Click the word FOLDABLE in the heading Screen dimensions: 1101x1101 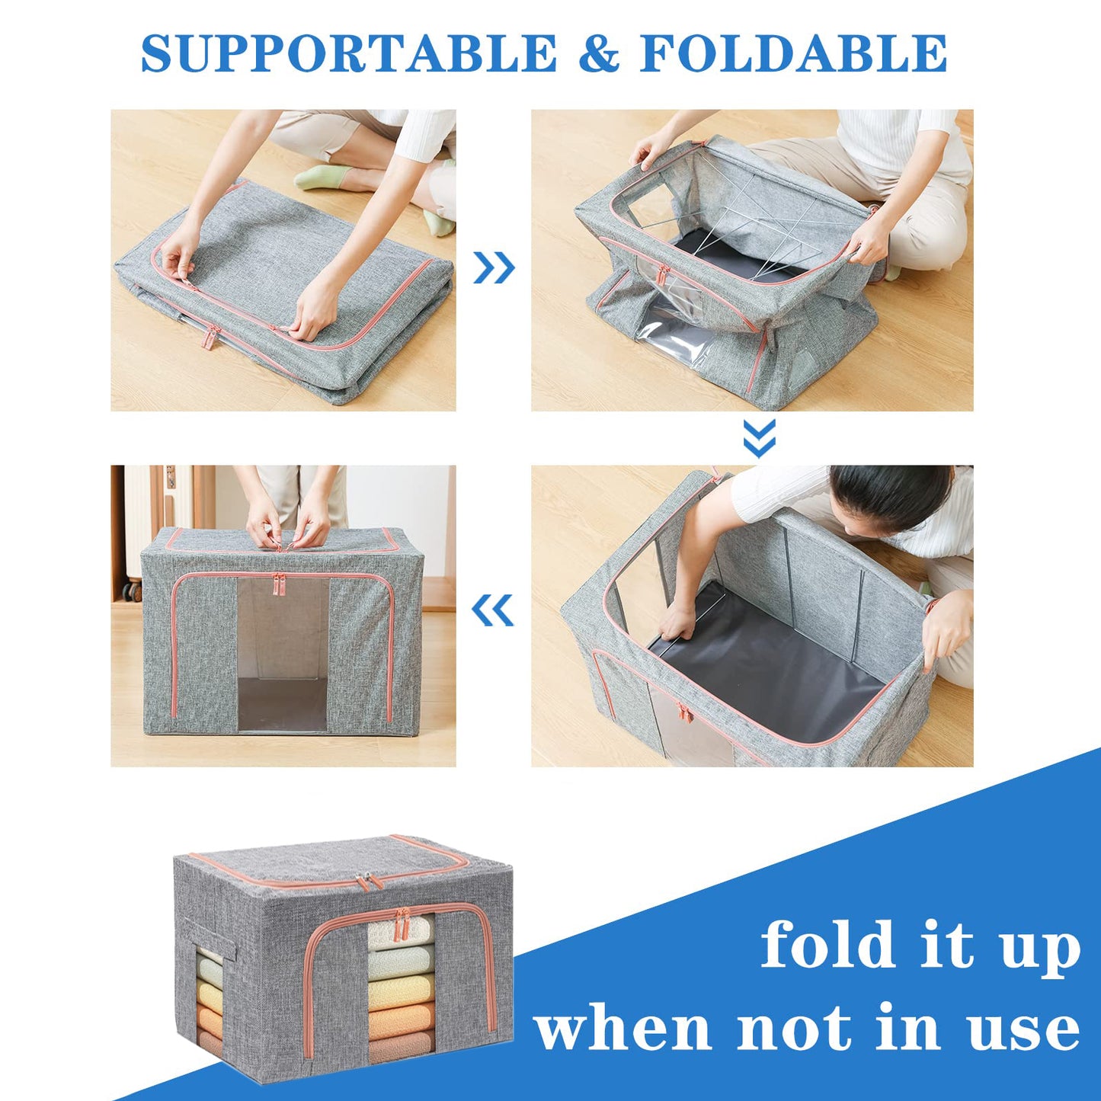[x=794, y=53]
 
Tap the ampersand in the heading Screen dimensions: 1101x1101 [x=598, y=53]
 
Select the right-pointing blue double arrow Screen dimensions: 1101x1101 [x=494, y=267]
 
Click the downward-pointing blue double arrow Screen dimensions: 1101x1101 [x=759, y=437]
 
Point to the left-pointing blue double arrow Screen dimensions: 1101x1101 [x=492, y=610]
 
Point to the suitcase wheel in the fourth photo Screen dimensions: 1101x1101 [x=135, y=590]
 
